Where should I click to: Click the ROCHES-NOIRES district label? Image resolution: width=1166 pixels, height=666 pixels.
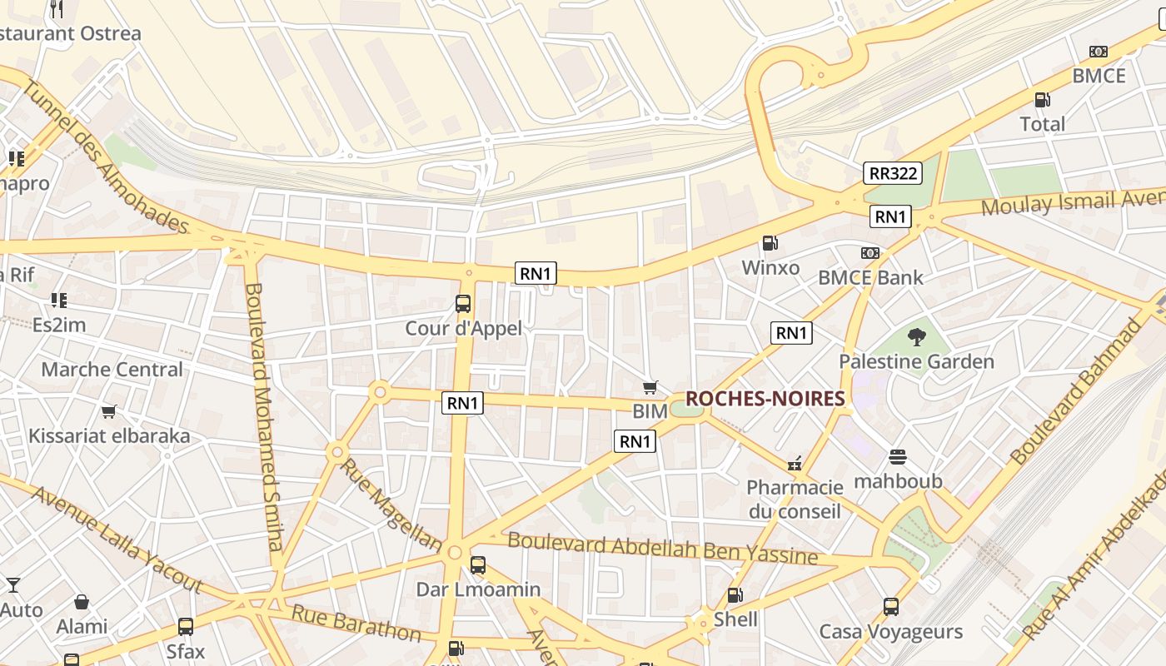coord(765,399)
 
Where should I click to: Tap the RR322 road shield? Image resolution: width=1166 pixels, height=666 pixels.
coord(892,173)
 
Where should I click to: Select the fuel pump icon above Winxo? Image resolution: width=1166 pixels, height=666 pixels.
coord(770,243)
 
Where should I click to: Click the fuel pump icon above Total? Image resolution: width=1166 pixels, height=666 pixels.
coord(1042,100)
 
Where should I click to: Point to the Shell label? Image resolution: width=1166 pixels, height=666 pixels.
coord(735,619)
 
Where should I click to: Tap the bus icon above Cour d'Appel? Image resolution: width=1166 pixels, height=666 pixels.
coord(463,304)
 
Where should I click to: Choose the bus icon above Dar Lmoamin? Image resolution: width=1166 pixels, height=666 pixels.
coord(478,565)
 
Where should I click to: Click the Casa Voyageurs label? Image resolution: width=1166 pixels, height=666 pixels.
coord(890,632)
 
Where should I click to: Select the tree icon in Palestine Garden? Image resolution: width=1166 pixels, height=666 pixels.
coord(917,337)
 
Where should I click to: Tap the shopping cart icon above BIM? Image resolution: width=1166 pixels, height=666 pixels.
coord(650,387)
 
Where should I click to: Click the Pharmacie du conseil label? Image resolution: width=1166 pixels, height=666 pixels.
coord(795,499)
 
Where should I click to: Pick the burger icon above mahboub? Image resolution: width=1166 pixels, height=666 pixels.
coord(897,457)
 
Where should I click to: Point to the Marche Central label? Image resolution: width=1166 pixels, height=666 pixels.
coord(112,370)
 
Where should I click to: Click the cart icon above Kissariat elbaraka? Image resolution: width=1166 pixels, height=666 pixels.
coord(109,411)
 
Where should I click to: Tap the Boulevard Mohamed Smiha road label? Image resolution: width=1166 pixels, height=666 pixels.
coord(264,416)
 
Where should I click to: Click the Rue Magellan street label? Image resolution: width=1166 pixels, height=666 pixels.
coord(390,504)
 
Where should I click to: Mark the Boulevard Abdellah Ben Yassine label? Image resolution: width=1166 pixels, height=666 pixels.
coord(662,548)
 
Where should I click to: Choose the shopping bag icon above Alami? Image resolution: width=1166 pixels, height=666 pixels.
coord(82,602)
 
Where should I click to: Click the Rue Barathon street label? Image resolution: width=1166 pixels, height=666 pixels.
coord(356,624)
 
